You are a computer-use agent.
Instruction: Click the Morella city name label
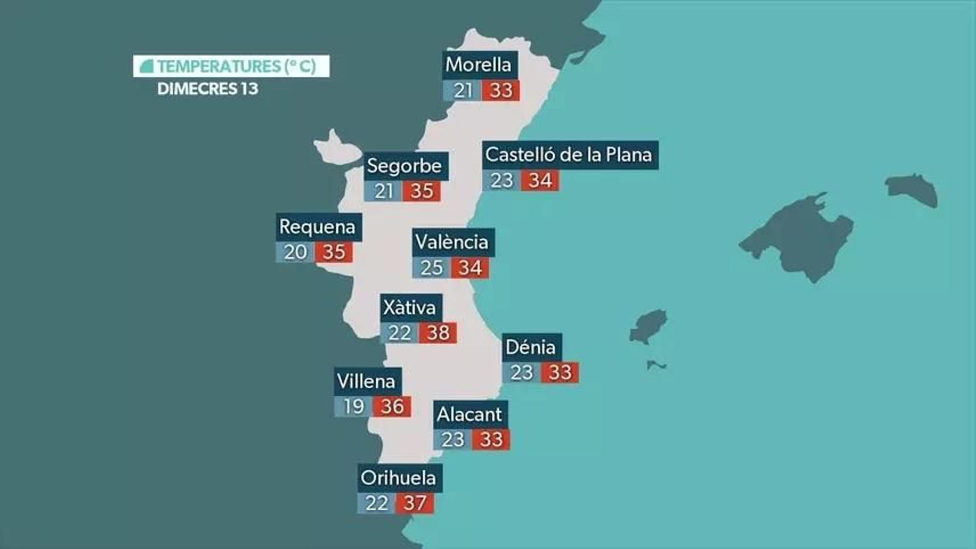pyautogui.click(x=478, y=65)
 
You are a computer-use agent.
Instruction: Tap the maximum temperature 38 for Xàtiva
pyautogui.click(x=438, y=333)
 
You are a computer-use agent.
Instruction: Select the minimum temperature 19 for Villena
pyautogui.click(x=353, y=406)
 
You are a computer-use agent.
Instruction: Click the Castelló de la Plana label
pyautogui.click(x=569, y=155)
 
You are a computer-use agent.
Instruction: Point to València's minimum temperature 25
pyautogui.click(x=431, y=267)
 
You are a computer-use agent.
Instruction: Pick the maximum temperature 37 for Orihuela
pyautogui.click(x=415, y=503)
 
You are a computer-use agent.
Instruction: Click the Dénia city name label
pyautogui.click(x=531, y=347)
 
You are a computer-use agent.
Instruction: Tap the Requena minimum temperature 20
pyautogui.click(x=295, y=252)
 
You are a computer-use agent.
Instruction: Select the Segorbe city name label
pyautogui.click(x=404, y=166)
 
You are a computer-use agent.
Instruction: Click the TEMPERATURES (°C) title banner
pyautogui.click(x=231, y=66)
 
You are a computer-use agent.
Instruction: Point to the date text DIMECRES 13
pyautogui.click(x=207, y=89)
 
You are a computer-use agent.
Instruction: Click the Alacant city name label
pyautogui.click(x=469, y=414)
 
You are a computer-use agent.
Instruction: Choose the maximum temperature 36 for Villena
pyautogui.click(x=392, y=406)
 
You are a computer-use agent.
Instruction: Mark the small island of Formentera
pyautogui.click(x=656, y=365)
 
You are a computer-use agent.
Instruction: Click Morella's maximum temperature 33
pyautogui.click(x=501, y=90)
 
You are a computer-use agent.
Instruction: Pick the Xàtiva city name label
pyautogui.click(x=409, y=308)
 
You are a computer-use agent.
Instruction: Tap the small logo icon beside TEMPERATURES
pyautogui.click(x=146, y=66)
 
